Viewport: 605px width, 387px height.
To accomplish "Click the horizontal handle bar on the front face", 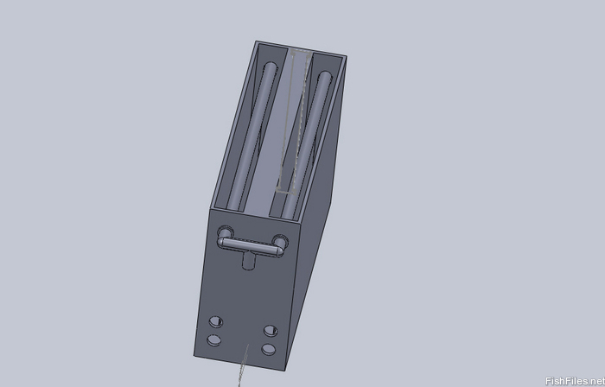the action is [251, 247].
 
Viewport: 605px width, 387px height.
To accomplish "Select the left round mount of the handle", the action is [226, 233].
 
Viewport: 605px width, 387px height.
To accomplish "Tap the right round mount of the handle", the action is [281, 241].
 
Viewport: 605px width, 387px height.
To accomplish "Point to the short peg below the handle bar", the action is [249, 260].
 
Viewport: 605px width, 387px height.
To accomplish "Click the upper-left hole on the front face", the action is [216, 321].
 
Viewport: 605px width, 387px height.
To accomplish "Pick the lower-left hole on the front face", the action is [213, 340].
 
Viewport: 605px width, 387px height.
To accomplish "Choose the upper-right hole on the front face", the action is [271, 331].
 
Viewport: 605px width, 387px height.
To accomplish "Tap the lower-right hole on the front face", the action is [269, 349].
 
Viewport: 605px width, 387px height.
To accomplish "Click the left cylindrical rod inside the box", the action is [253, 136].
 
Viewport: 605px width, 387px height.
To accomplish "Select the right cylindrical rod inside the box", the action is [307, 144].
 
